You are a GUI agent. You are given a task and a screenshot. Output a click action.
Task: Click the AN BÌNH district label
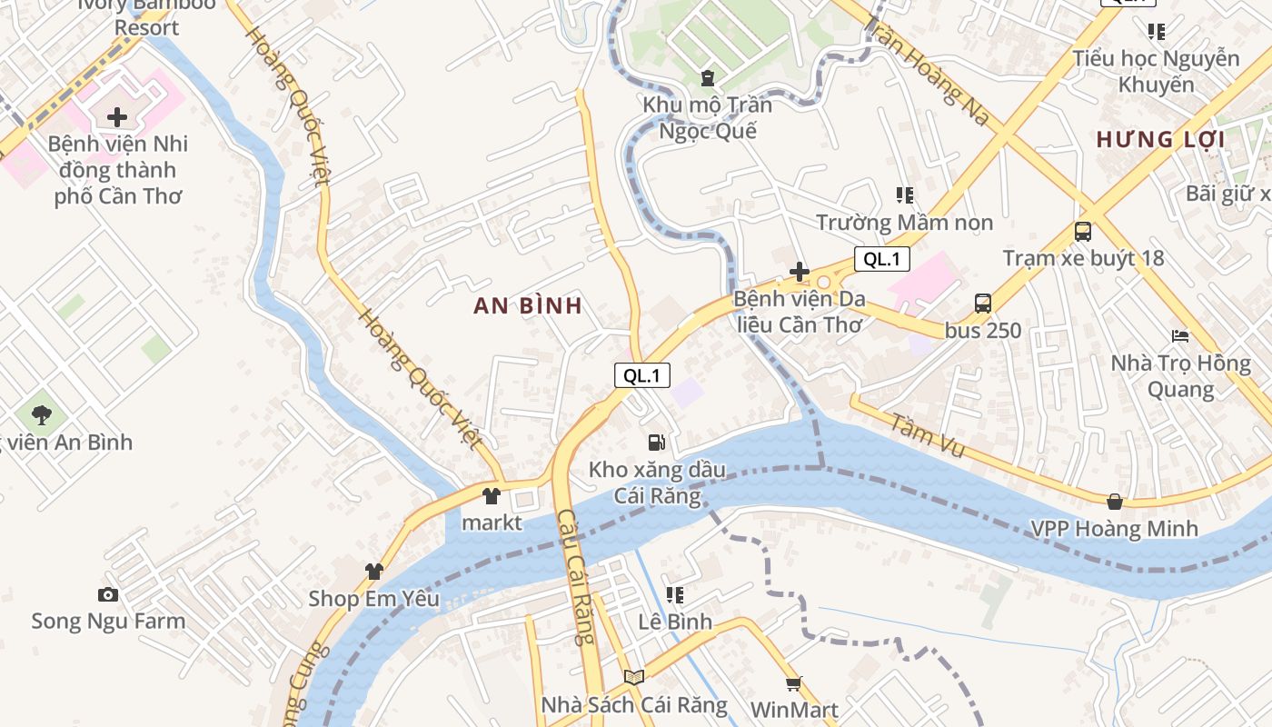[x=528, y=306]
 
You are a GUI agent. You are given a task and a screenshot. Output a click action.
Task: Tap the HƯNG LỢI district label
[x=1160, y=140]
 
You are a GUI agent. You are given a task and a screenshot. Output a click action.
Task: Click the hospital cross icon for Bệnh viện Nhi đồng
[x=117, y=117]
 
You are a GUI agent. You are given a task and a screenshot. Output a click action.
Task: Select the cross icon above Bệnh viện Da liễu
[x=800, y=272]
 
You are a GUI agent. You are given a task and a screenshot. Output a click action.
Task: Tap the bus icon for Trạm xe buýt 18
[x=1082, y=232]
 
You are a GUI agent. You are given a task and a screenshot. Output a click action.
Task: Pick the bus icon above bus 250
[x=982, y=304]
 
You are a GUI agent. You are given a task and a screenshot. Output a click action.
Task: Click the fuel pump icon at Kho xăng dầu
[x=656, y=443]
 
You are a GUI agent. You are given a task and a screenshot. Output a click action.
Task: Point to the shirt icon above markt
[x=492, y=496]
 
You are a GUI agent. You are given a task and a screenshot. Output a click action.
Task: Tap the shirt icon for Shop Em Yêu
[x=373, y=572]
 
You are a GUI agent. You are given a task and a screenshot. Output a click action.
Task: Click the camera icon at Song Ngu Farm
[x=108, y=595]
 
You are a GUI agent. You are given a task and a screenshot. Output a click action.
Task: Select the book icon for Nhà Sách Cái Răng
[x=634, y=678]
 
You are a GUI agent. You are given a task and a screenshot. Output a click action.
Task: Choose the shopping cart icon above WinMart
[x=793, y=683]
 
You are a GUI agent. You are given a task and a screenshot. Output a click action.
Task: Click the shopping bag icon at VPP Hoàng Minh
[x=1115, y=502]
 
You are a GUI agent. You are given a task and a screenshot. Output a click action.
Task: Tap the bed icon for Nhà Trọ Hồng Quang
[x=1180, y=336]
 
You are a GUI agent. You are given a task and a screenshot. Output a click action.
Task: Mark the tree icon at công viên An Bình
[x=41, y=415]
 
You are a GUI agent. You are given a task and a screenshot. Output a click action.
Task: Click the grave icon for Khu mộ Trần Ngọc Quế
[x=708, y=78]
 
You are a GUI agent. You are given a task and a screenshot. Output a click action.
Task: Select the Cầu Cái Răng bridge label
[x=575, y=577]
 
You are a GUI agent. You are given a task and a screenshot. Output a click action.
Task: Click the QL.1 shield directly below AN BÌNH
[x=642, y=375]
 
